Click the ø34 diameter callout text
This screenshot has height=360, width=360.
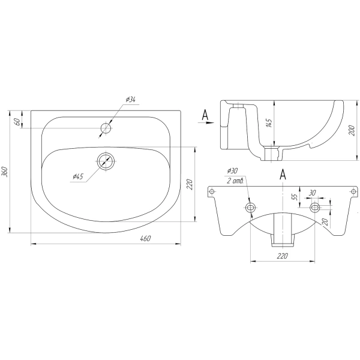pos(131,100)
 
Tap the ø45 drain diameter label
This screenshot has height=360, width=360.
pos(78,176)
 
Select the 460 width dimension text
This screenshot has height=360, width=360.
pos(145,239)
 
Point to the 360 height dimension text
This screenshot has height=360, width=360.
pos(5,172)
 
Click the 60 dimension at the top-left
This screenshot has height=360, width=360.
pos(17,122)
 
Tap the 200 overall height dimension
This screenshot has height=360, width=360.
pos(352,130)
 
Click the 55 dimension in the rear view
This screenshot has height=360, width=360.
pos(295,196)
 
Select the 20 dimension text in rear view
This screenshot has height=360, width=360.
pos(325,222)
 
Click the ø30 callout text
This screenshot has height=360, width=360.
pos(232,171)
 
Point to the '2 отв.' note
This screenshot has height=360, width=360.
pos(235,181)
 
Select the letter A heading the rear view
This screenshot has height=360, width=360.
pos(283,174)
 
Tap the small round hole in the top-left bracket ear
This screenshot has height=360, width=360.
pos(212,191)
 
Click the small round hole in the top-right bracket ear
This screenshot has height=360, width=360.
pos(354,191)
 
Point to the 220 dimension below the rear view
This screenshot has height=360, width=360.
pos(282,256)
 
